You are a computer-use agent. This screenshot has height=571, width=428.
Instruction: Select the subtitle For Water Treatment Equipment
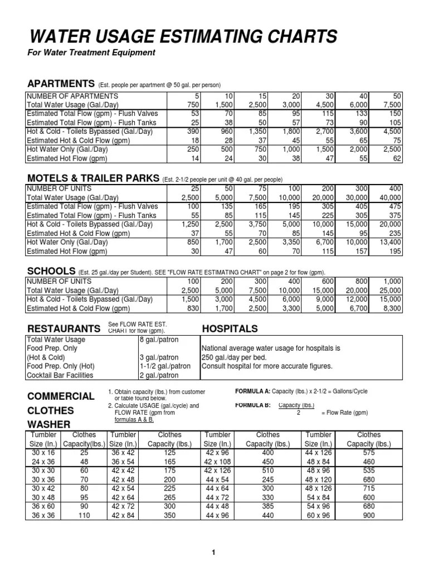pos(91,53)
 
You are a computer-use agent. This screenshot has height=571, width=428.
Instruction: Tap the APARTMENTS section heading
pos(61,84)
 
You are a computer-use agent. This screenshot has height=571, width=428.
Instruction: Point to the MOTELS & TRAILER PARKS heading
pos(94,177)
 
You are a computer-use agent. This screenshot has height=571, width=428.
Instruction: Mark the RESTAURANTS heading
pos(64,328)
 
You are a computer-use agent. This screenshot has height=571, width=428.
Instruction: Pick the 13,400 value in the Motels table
pos(390,243)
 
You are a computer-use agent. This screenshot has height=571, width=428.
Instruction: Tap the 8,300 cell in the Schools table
pos(390,308)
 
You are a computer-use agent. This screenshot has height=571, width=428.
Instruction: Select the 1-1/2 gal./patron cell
pos(165,366)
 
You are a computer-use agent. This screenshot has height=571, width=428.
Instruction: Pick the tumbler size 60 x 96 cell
pos(318,515)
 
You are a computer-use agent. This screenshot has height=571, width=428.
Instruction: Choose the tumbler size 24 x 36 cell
pos(43,462)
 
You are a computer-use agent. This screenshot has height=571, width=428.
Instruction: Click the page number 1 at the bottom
pos(213,552)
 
